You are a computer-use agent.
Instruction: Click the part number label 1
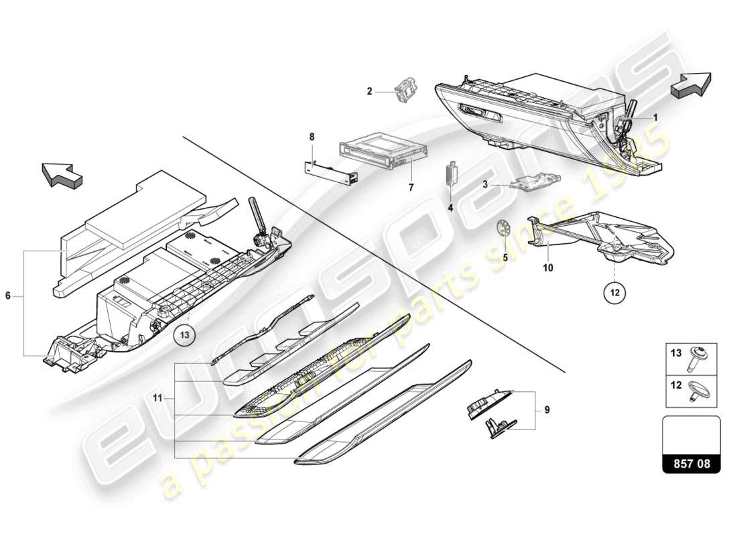coord(656,117)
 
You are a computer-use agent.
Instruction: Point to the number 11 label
coord(157,398)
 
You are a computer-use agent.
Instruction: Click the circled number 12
coord(615,292)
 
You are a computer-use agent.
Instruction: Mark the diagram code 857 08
coord(691,462)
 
